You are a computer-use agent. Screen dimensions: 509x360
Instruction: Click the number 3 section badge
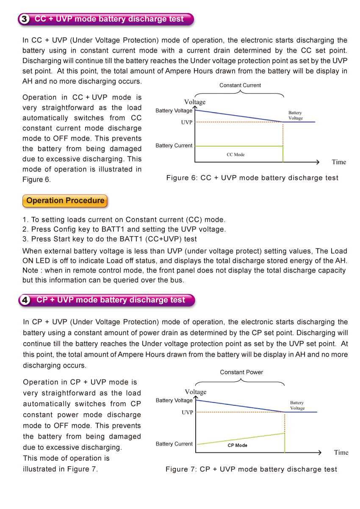(x=25, y=19)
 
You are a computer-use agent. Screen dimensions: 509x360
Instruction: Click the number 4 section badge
(x=25, y=300)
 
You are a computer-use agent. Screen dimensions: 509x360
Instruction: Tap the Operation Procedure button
(x=65, y=201)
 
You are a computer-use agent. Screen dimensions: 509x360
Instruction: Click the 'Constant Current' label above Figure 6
(x=240, y=85)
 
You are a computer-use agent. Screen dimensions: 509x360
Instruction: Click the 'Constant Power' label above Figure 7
(x=241, y=372)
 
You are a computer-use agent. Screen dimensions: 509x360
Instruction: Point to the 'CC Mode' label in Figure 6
(x=235, y=155)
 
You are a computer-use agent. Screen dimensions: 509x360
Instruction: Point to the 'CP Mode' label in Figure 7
(x=238, y=445)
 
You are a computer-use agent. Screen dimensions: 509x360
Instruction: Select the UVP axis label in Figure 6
(x=187, y=122)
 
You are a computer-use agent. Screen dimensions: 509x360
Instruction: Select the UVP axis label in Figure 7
(x=188, y=412)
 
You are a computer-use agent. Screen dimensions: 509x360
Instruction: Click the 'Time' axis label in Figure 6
(x=339, y=162)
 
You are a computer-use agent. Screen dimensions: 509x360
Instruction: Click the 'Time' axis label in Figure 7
(x=341, y=452)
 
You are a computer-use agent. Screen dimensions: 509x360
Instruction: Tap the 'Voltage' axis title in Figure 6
(x=195, y=102)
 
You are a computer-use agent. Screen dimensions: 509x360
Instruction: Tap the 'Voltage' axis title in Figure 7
(x=196, y=392)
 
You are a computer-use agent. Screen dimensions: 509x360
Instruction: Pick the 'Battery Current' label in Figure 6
(x=174, y=146)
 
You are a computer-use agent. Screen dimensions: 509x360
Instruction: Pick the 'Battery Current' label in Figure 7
(x=174, y=444)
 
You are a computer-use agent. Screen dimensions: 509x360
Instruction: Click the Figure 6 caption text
(x=252, y=178)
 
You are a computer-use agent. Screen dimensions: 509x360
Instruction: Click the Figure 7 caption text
(x=252, y=469)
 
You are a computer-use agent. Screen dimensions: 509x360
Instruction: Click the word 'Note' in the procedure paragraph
(x=31, y=270)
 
